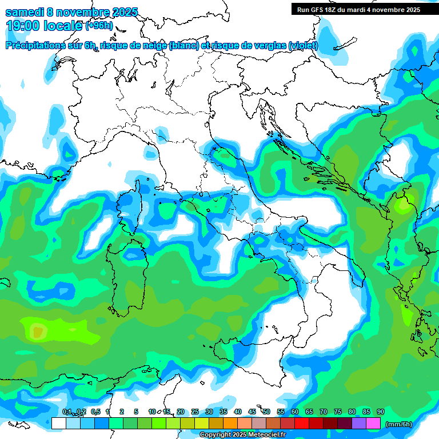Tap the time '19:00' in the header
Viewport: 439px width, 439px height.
(x=23, y=26)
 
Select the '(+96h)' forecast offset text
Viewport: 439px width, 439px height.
(x=99, y=26)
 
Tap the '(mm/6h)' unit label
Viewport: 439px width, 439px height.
(x=398, y=424)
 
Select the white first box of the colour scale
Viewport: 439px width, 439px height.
(x=58, y=424)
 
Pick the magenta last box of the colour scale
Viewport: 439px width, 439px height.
(x=373, y=424)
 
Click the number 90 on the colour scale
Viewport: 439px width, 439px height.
(x=380, y=412)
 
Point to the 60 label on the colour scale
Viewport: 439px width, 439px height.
(x=295, y=412)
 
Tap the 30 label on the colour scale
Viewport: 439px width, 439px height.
(x=209, y=412)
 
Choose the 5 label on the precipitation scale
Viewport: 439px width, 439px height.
(x=135, y=412)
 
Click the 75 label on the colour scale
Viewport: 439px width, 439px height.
(x=338, y=412)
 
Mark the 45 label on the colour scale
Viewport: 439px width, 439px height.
(x=252, y=412)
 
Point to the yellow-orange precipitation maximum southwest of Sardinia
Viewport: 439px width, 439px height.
(x=38, y=331)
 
